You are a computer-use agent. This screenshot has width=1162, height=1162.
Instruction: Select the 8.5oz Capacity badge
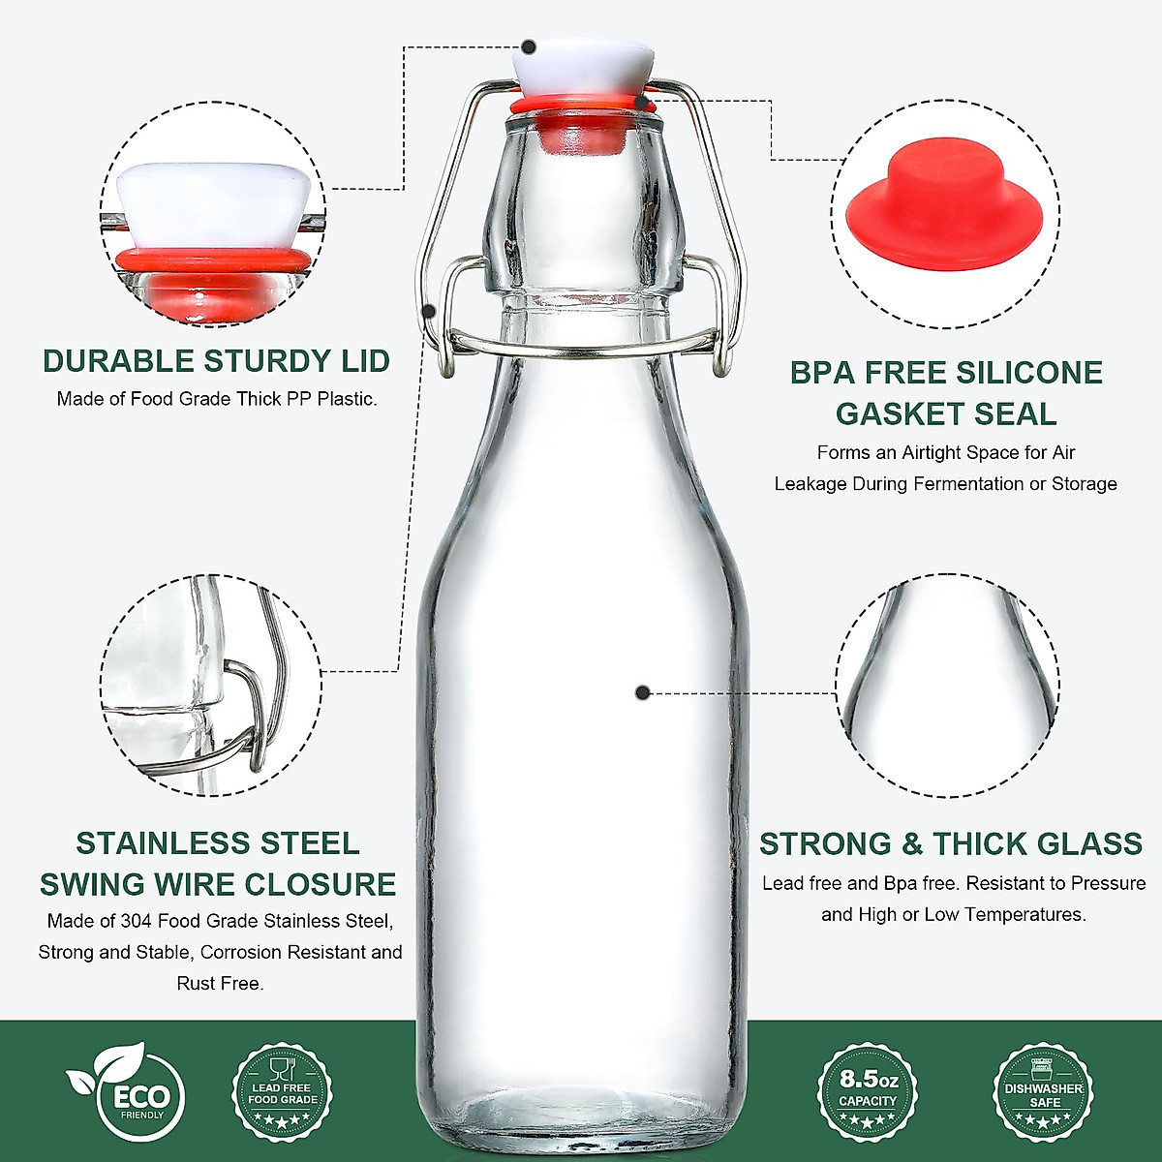click(x=868, y=1091)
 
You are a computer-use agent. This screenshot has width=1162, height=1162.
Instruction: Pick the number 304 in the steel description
click(x=136, y=921)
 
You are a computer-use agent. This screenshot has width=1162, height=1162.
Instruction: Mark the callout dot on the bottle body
click(x=642, y=692)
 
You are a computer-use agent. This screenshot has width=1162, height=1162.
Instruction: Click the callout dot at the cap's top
click(x=529, y=46)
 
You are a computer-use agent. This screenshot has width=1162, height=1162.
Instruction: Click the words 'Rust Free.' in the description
click(x=220, y=983)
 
